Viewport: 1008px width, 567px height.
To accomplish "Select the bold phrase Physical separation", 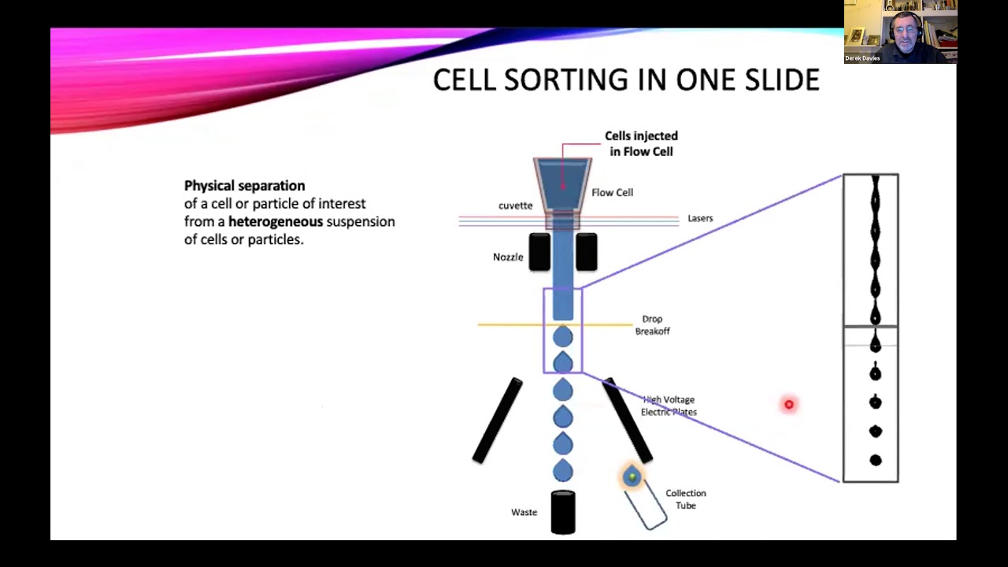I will pos(244,186).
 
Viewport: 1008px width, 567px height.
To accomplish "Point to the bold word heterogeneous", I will pos(276,221).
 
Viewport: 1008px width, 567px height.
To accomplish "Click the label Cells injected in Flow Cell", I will pos(641,143).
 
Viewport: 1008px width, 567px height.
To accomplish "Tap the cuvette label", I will pos(515,206).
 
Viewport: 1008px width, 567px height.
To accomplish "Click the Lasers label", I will pos(700,218).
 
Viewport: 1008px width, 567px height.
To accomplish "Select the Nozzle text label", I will pos(508,257).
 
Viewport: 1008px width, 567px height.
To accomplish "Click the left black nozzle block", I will pos(539,252).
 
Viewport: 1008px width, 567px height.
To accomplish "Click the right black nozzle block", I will pos(587,252).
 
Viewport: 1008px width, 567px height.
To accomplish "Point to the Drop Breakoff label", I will pos(652,325).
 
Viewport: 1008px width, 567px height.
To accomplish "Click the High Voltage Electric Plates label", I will pos(669,406).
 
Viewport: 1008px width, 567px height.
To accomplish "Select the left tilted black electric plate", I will pos(497,421).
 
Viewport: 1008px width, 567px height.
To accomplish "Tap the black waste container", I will pos(563,513).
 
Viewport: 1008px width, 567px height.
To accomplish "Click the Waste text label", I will pos(524,512).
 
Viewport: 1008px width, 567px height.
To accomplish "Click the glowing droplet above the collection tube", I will pos(632,476).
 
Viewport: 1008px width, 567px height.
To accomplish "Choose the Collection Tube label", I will pos(685,499).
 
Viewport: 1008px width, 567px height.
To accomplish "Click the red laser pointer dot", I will pos(788,404).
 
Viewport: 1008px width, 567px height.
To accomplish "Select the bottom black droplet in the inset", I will pos(875,460).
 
